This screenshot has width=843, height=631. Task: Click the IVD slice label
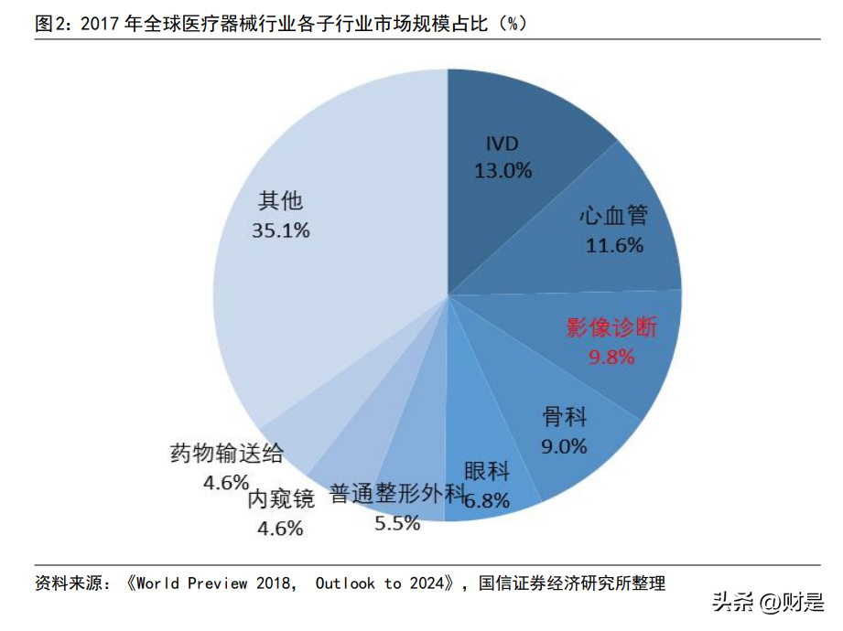coord(503,144)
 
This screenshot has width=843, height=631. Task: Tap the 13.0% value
coord(503,170)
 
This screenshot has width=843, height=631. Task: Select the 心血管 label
coord(613,217)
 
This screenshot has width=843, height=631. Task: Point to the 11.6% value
coord(613,245)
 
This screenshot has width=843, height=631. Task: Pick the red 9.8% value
coord(611,357)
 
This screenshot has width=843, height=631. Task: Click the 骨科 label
coord(564,418)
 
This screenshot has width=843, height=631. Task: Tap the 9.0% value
coord(564,446)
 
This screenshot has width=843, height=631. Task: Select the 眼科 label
coord(486,473)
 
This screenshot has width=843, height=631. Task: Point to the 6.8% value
coord(486,500)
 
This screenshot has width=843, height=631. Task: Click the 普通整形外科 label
coord(397,495)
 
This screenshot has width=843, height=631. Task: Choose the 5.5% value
coord(397,523)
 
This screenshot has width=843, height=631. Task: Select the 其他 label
coord(280,201)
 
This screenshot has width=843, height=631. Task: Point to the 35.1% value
coord(280,230)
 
